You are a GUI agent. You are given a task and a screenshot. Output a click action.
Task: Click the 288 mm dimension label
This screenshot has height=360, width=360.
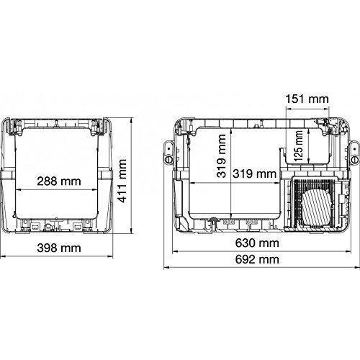coord(59,181)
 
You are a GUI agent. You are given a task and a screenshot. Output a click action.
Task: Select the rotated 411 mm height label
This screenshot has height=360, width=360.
coord(122,181)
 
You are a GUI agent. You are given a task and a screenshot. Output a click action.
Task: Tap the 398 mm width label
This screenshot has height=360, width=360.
coord(59,248)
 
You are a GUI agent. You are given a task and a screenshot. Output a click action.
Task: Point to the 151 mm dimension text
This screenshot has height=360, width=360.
coord(307,99)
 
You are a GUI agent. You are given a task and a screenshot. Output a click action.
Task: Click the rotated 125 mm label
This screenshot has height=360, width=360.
coord(298,145)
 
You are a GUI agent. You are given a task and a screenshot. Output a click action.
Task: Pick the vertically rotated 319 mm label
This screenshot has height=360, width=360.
coord(221,156)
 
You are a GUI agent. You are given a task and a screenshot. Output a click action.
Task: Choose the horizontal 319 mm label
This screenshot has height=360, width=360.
coord(254,174)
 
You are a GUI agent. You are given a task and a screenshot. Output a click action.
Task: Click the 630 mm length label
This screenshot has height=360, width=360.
coord(257,243)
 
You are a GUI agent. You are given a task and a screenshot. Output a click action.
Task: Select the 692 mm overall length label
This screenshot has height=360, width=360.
coord(257,259)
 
